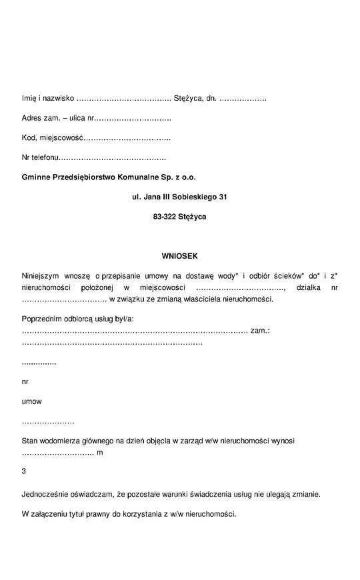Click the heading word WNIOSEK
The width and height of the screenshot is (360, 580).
[180, 255]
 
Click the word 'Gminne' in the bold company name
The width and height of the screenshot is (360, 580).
[36, 178]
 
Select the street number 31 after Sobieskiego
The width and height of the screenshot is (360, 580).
[223, 197]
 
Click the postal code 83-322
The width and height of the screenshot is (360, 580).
[165, 217]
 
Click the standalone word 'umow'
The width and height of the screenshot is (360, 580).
[31, 401]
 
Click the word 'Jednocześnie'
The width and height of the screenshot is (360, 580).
[46, 495]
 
